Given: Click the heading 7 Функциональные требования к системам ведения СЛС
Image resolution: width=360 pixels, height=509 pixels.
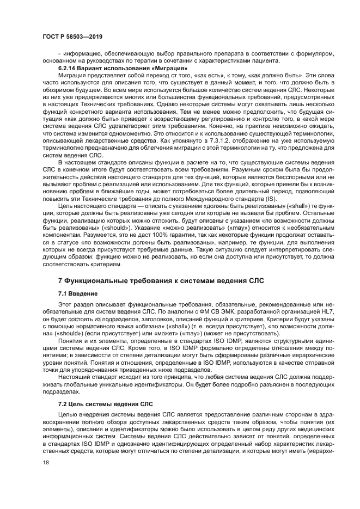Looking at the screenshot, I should [161, 281].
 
